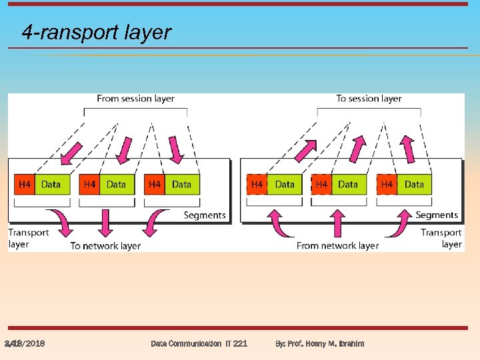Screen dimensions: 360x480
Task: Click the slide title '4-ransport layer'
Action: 96,32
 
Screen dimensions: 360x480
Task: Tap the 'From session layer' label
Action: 135,99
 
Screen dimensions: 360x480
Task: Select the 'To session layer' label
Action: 369,99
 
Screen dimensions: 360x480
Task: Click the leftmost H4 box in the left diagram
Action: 24,185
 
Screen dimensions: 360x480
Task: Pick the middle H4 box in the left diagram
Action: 89,185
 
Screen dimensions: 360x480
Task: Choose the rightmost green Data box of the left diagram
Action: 181,185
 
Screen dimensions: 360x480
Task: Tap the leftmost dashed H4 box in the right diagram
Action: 257,185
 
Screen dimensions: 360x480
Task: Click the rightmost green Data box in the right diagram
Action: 414,185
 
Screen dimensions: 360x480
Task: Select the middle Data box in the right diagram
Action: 348,185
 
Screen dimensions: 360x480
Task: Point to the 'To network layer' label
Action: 105,246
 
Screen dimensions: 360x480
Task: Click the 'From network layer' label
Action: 337,246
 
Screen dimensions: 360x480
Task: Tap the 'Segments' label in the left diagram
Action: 205,215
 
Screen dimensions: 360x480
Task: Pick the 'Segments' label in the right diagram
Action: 437,215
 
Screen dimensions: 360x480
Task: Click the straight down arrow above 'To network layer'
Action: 105,224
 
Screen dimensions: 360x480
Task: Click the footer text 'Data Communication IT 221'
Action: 199,343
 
